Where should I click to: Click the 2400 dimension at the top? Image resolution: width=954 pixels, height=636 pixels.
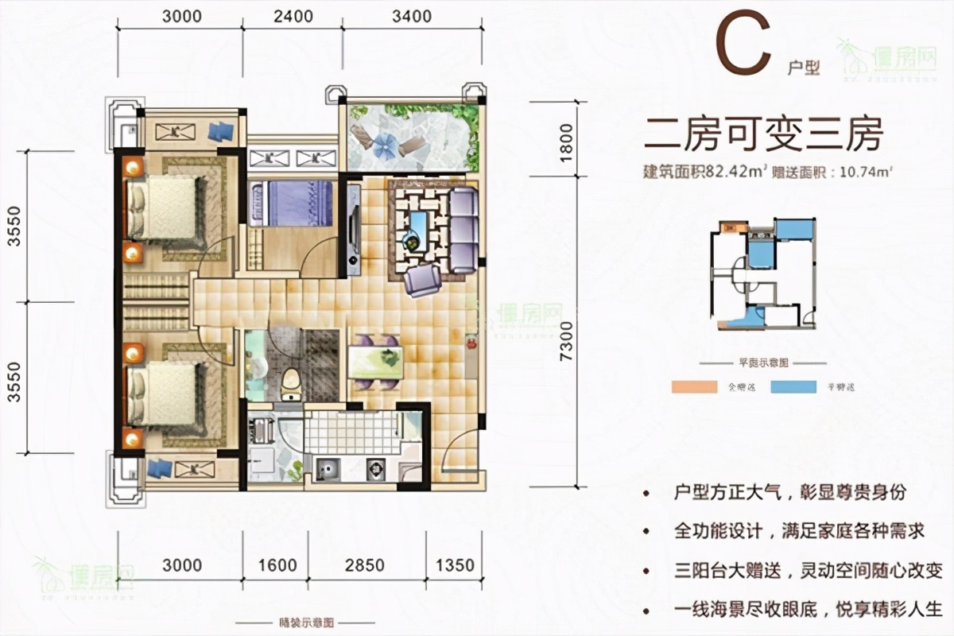pos(293,16)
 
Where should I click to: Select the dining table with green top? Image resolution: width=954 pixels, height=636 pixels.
pos(374,363)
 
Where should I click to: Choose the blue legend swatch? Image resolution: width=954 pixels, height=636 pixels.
pos(796,388)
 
